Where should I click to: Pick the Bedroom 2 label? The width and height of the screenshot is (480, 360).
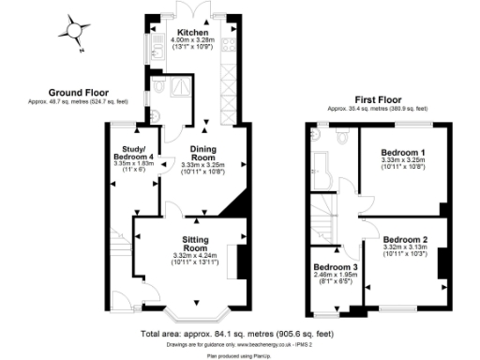405,239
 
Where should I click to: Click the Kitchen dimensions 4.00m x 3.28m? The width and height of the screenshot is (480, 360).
195,41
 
